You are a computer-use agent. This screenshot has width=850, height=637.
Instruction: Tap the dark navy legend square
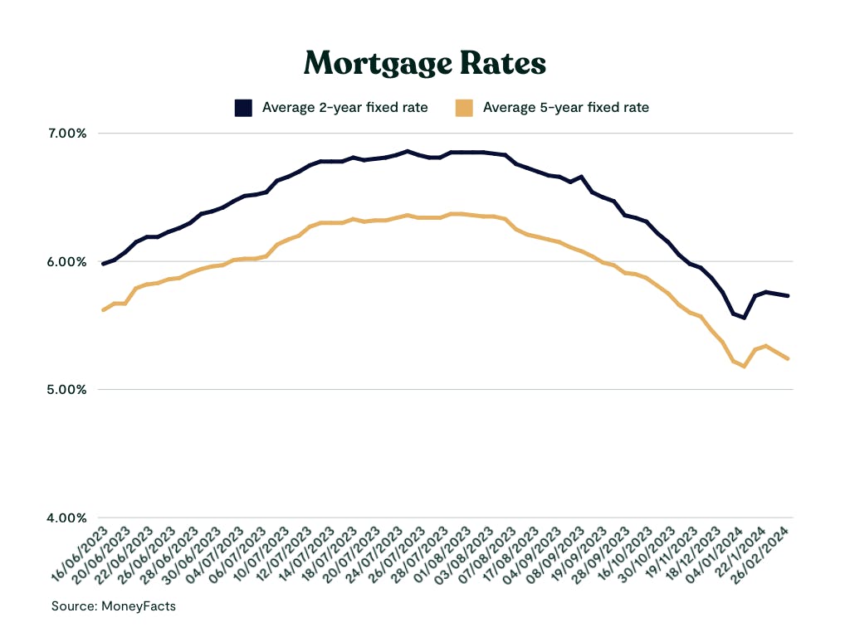pos(243,108)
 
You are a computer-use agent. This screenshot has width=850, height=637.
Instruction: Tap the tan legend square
pos(464,108)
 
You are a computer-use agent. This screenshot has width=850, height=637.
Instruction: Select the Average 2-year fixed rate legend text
pos(344,107)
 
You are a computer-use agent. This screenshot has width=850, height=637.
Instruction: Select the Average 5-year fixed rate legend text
pos(565,107)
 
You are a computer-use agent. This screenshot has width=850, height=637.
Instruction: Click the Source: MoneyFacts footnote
pos(114,606)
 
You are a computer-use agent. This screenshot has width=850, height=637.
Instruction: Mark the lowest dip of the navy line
pos(745,318)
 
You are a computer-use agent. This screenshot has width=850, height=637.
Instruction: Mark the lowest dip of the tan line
pos(745,366)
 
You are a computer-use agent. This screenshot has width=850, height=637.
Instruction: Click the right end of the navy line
pos(788,296)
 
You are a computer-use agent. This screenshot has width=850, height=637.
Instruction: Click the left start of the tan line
pos(102,310)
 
